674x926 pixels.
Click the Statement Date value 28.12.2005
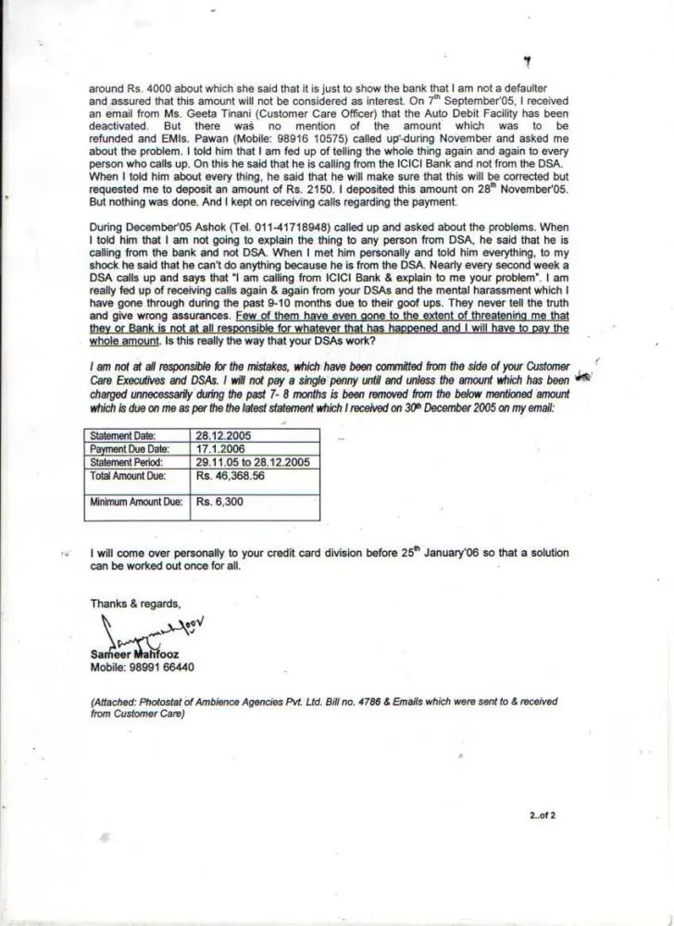224,433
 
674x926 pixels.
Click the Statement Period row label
127,461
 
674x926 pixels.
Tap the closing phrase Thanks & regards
136,603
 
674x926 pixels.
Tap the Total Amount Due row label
127,475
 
